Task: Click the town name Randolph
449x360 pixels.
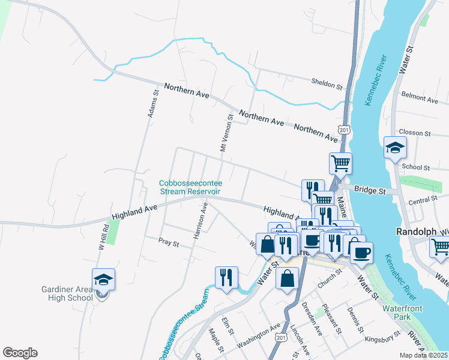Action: click(415, 231)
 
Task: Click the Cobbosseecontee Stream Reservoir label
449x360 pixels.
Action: click(190, 187)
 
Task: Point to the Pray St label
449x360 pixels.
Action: click(169, 244)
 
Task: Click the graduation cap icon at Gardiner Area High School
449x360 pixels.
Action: click(103, 280)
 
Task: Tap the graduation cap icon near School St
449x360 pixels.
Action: click(396, 148)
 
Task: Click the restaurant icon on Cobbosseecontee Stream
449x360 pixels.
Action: click(226, 277)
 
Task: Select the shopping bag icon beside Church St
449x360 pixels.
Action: click(288, 278)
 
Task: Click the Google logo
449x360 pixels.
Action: click(20, 353)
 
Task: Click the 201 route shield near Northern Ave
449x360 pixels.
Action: click(343, 130)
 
